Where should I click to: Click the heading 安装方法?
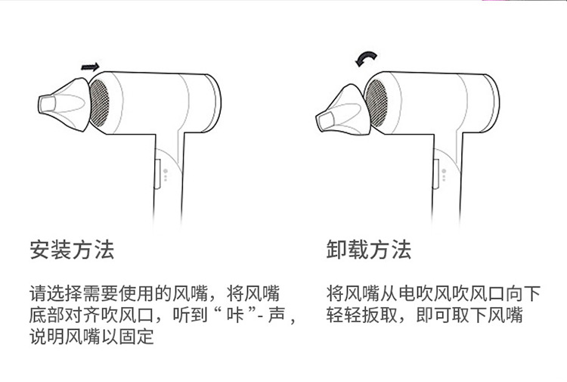coord(72,250)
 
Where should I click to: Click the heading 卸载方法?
coord(369,250)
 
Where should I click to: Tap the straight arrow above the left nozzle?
coord(90,67)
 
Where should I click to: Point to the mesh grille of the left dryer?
coord(101,103)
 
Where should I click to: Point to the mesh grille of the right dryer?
coord(376,102)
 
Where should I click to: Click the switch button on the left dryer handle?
coord(157,172)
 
